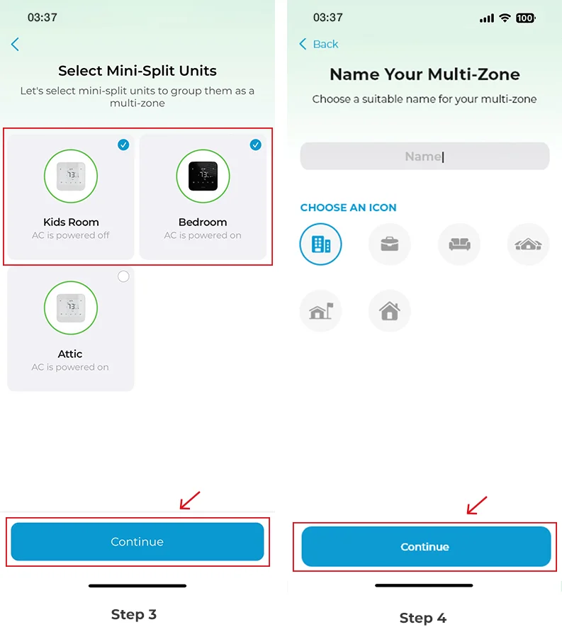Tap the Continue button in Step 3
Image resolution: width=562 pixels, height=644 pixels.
tap(137, 542)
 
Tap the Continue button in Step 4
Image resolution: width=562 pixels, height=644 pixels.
tap(425, 547)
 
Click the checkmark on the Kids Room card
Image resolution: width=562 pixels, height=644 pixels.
tap(123, 145)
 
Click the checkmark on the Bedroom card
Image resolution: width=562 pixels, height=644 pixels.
tap(256, 145)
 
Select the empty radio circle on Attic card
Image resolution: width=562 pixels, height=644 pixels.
tap(123, 276)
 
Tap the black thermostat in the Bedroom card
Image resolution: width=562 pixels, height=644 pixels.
tap(203, 176)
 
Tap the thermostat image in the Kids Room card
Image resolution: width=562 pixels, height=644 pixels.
tap(71, 176)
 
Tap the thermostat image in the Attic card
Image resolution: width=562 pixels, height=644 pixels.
tap(71, 307)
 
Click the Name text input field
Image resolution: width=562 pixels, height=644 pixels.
tap(425, 157)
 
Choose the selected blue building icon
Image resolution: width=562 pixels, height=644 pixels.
tap(320, 244)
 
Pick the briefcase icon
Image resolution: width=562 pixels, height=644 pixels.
tap(389, 244)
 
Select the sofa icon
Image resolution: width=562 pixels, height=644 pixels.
tap(459, 244)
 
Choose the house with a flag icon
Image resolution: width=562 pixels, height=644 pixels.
tap(320, 310)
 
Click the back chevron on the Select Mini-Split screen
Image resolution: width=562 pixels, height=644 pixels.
tap(15, 45)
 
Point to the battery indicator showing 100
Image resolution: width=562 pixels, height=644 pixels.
tap(525, 18)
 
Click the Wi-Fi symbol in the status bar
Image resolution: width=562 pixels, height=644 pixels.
tap(505, 18)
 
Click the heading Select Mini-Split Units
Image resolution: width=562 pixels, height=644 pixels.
tap(137, 71)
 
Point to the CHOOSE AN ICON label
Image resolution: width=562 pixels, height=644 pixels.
tap(348, 208)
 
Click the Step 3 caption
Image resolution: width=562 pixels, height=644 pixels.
tap(133, 614)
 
